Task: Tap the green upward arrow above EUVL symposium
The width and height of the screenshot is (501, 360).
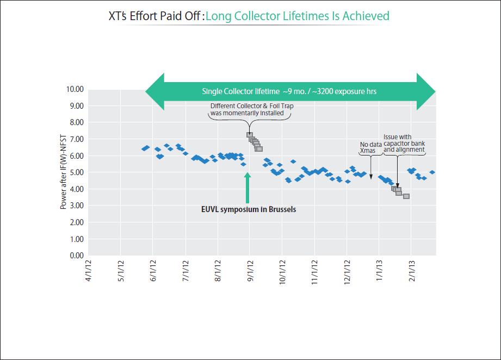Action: [x=248, y=188]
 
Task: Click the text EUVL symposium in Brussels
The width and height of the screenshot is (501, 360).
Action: [x=249, y=209]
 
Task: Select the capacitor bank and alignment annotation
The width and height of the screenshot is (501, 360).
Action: [x=404, y=143]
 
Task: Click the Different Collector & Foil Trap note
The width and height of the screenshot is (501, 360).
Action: [x=251, y=109]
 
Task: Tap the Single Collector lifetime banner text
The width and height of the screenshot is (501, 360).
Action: [x=289, y=91]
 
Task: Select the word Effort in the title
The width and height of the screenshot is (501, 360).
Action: [x=146, y=16]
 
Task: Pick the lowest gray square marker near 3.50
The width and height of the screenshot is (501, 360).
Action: [x=406, y=196]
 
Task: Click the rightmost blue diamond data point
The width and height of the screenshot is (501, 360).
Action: [x=432, y=172]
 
